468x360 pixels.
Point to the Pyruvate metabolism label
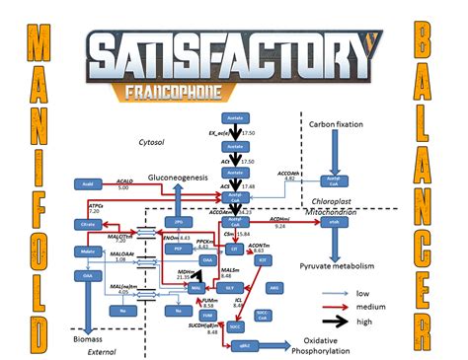pos(351,266)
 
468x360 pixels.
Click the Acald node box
pos(86,183)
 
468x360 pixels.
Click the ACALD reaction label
pos(123,180)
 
